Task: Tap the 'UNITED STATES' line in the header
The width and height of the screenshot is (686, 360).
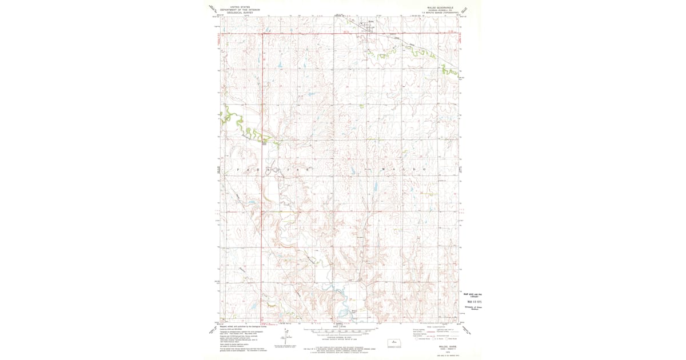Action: (238, 7)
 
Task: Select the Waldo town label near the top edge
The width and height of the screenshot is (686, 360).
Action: (370, 23)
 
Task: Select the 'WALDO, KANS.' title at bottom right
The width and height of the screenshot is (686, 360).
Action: (436, 345)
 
